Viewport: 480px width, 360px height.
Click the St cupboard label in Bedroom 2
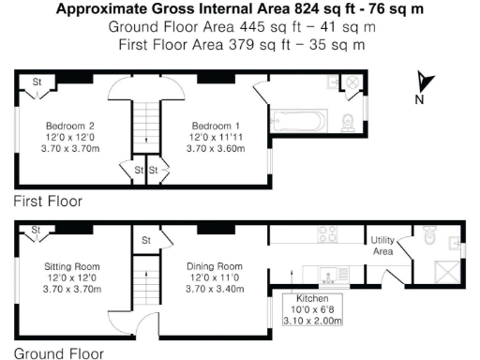pos(38,82)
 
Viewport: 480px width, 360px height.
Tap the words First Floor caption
pos(48,201)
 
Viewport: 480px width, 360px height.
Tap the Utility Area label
pos(382,247)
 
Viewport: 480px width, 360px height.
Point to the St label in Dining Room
pos(146,241)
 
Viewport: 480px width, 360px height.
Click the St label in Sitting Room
pos(37,231)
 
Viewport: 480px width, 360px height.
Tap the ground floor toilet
pos(429,238)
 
